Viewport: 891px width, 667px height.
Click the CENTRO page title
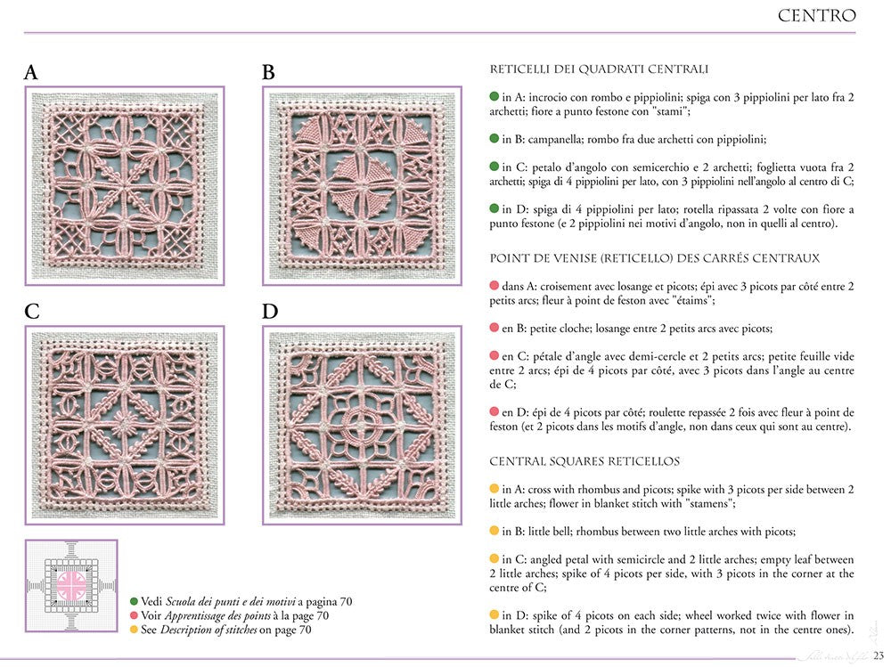click(x=816, y=16)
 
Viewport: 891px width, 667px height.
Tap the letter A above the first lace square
click(x=31, y=73)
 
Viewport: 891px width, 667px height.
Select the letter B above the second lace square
click(x=268, y=73)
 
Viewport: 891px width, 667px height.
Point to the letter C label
click(x=32, y=312)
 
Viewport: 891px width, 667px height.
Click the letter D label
click(x=270, y=312)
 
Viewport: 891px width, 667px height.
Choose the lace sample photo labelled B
click(x=361, y=185)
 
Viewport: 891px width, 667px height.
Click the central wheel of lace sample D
click(x=362, y=426)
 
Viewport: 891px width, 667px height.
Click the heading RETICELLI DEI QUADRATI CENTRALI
click(x=599, y=69)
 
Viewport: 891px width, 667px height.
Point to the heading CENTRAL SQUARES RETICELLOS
click(x=584, y=461)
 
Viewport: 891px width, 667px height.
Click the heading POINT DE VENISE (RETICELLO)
click(x=654, y=258)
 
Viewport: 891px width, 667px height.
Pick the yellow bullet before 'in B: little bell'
click(x=495, y=532)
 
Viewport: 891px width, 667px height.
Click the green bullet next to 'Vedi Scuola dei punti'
click(x=134, y=601)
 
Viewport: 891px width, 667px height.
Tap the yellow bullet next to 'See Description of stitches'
click(x=134, y=630)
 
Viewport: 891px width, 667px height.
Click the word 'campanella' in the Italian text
click(x=559, y=139)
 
